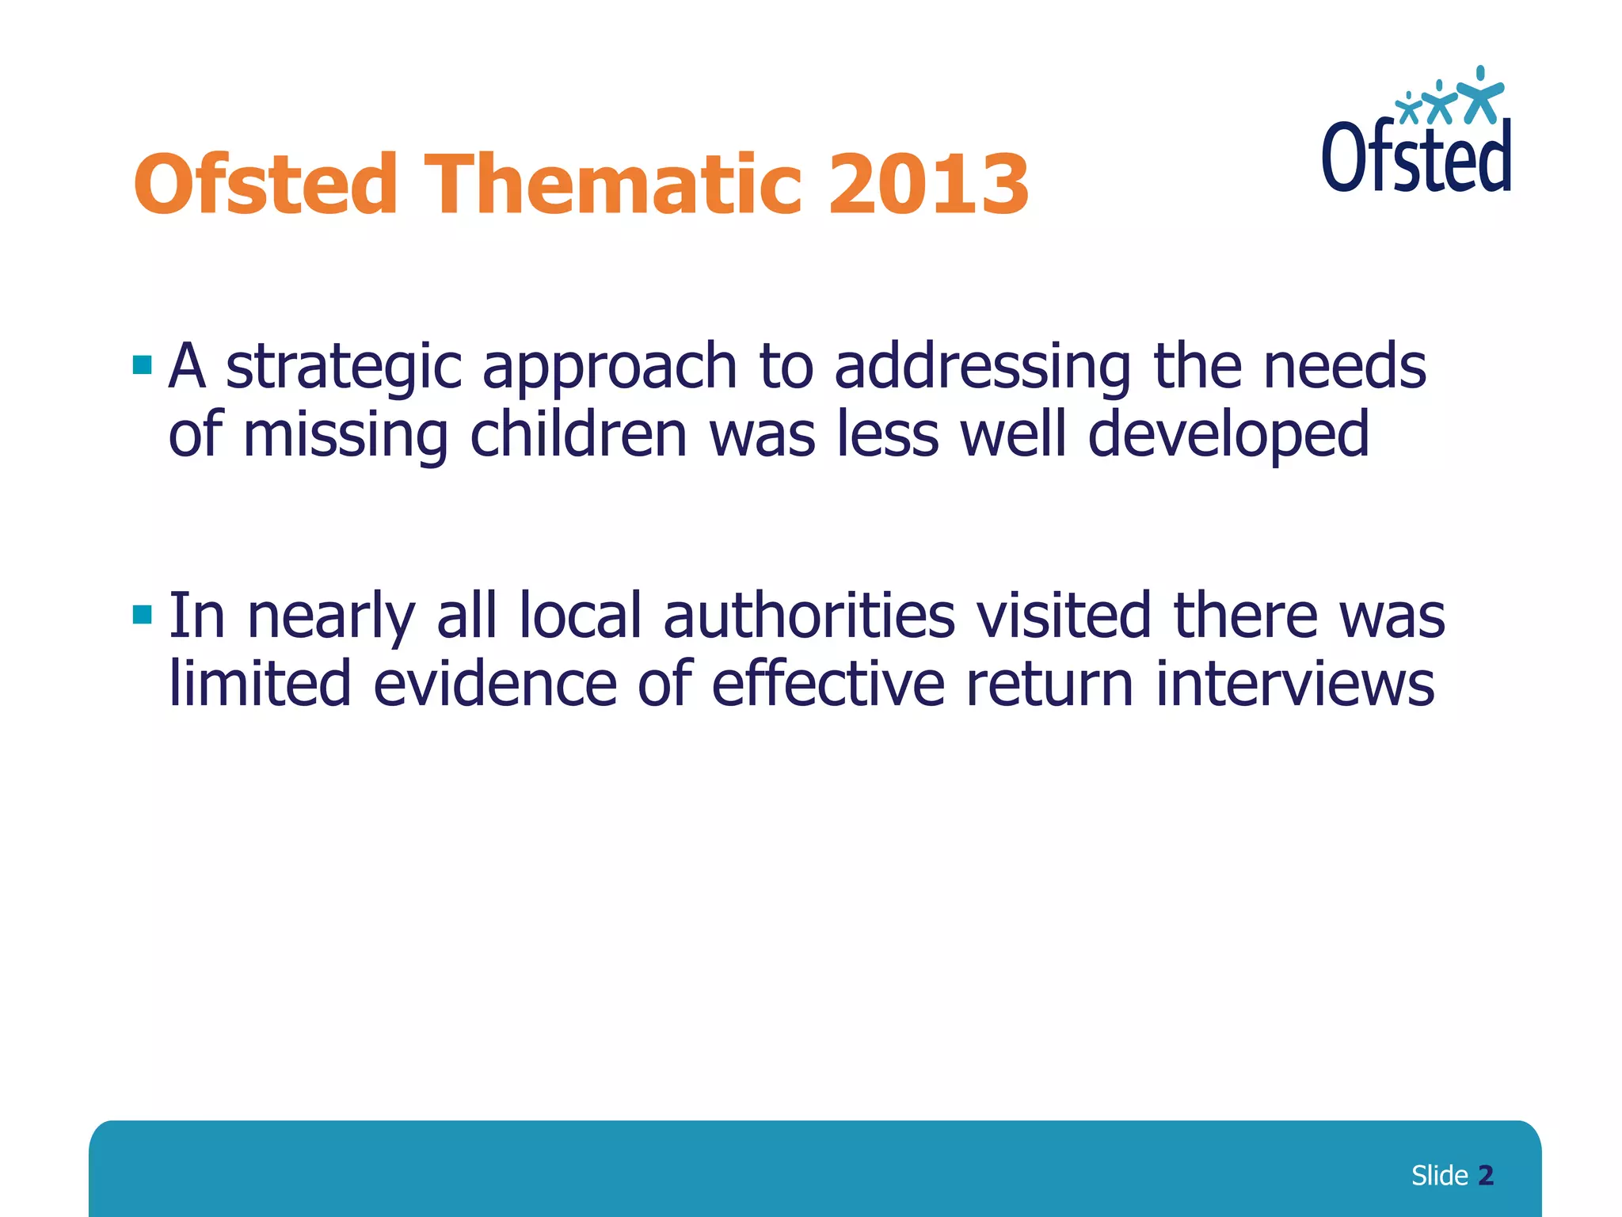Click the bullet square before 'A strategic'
[x=143, y=365]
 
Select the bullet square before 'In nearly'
[x=143, y=614]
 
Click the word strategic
[x=344, y=368]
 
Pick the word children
[x=578, y=435]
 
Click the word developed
[x=1228, y=437]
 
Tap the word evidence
[x=494, y=685]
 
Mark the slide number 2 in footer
[x=1486, y=1176]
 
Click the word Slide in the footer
[x=1439, y=1176]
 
